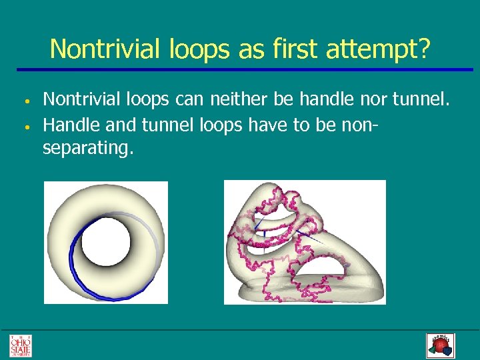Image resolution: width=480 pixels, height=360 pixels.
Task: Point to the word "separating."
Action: (88, 148)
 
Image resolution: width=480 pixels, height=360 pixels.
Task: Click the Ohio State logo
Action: (20, 345)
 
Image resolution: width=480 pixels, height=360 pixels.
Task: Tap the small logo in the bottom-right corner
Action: (440, 345)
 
